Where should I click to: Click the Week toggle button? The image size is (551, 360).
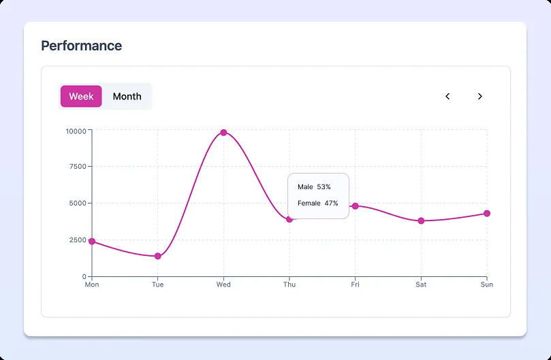[x=81, y=97]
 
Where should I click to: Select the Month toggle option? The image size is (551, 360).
[x=127, y=97]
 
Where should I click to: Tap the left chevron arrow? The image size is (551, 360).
[x=447, y=97]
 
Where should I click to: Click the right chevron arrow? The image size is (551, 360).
[x=479, y=97]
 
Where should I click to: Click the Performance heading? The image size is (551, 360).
[x=82, y=46]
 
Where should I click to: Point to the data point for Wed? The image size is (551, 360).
[x=223, y=133]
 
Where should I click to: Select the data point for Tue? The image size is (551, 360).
[x=157, y=256]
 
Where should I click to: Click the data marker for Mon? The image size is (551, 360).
[x=92, y=242]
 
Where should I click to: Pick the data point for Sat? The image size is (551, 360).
[x=421, y=220]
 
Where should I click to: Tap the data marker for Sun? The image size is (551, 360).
[x=486, y=214]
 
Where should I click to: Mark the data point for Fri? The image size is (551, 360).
[x=355, y=206]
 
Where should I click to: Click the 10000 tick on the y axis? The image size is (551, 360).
[x=75, y=131]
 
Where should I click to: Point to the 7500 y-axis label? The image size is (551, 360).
[x=77, y=167]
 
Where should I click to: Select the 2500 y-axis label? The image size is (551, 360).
[x=77, y=240]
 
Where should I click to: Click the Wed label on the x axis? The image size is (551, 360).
[x=223, y=284]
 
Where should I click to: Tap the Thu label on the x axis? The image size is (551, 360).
[x=289, y=284]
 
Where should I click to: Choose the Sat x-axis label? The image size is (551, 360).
[x=421, y=284]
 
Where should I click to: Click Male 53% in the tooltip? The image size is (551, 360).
[x=314, y=186]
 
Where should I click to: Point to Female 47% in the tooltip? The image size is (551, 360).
[x=317, y=203]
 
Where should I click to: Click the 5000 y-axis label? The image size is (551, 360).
[x=77, y=203]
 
